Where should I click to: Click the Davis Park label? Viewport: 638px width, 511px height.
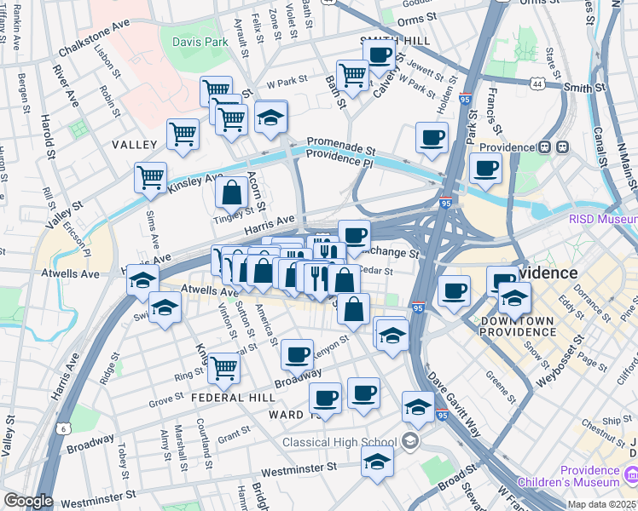click(200, 41)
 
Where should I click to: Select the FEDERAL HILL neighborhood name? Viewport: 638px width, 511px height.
click(233, 398)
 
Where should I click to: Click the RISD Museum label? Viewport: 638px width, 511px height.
click(602, 219)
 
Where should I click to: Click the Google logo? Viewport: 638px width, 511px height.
click(28, 500)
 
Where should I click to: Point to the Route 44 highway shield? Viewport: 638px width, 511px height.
click(536, 84)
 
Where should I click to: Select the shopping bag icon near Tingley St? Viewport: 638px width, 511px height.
click(231, 193)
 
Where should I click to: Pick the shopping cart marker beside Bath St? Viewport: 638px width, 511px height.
click(352, 75)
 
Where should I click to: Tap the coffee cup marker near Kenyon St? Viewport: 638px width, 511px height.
click(297, 353)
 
